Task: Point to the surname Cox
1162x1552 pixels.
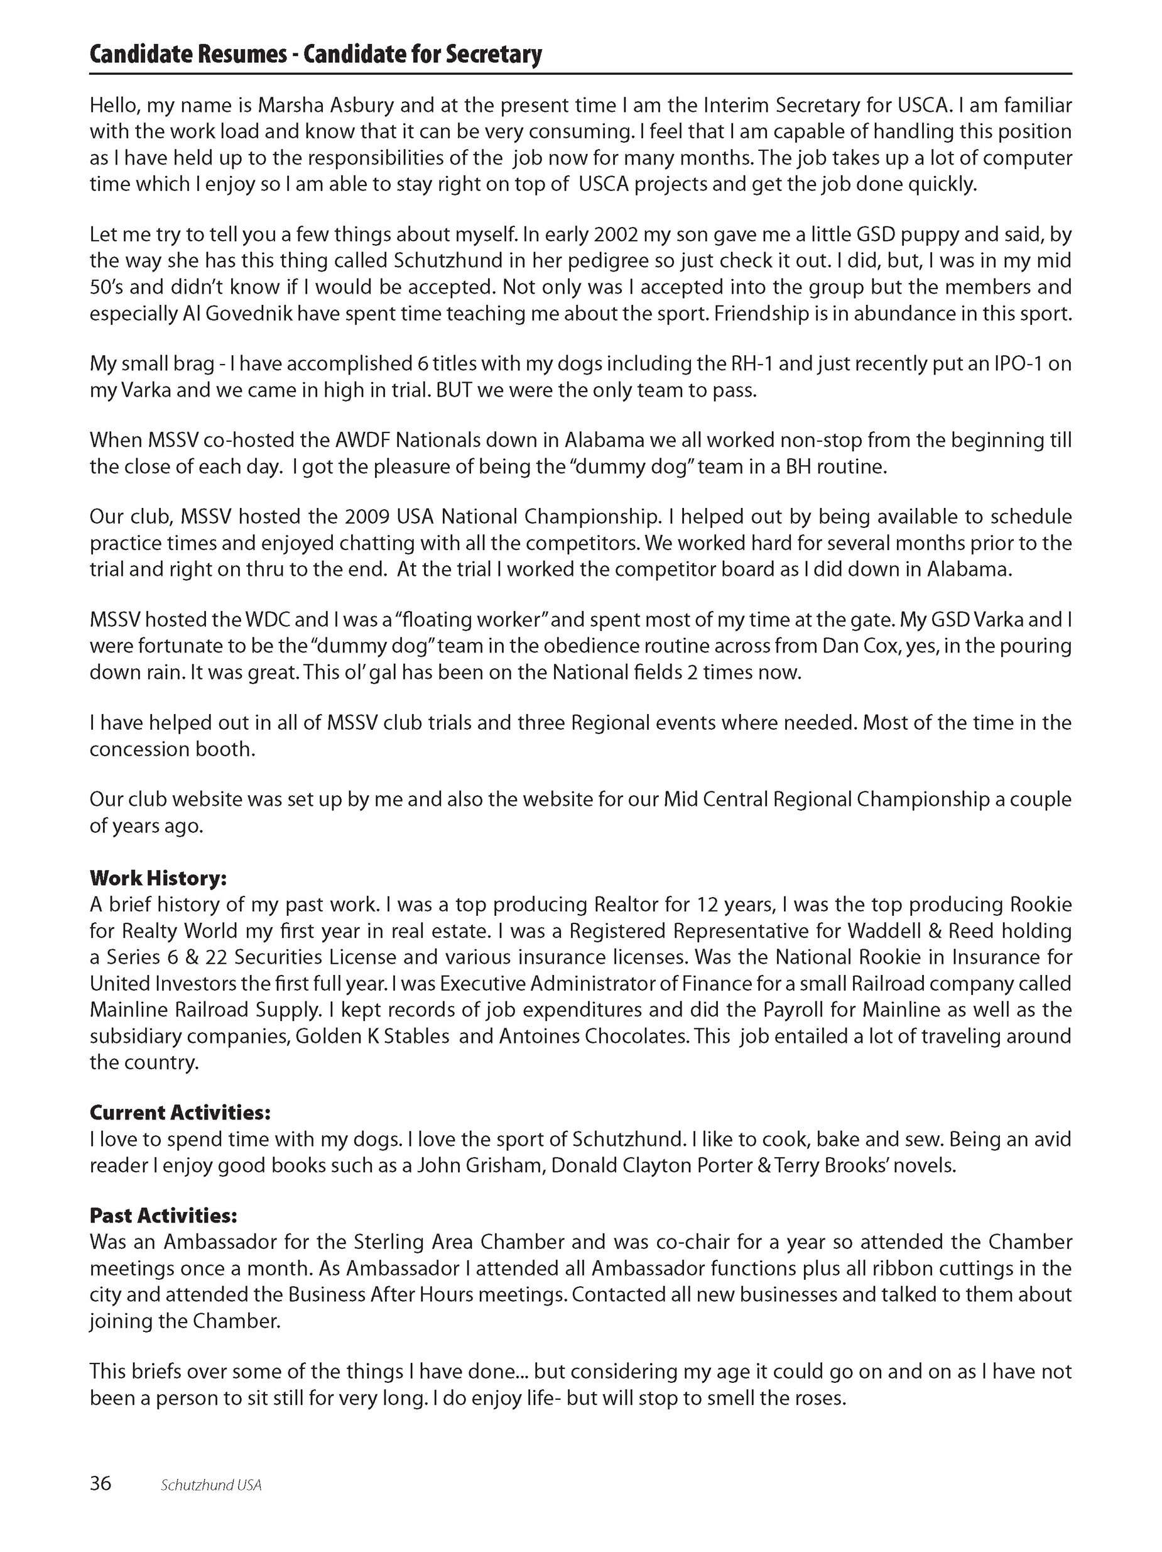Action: (880, 646)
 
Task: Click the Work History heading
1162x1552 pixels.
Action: (158, 878)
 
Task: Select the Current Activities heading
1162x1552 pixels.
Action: (180, 1113)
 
